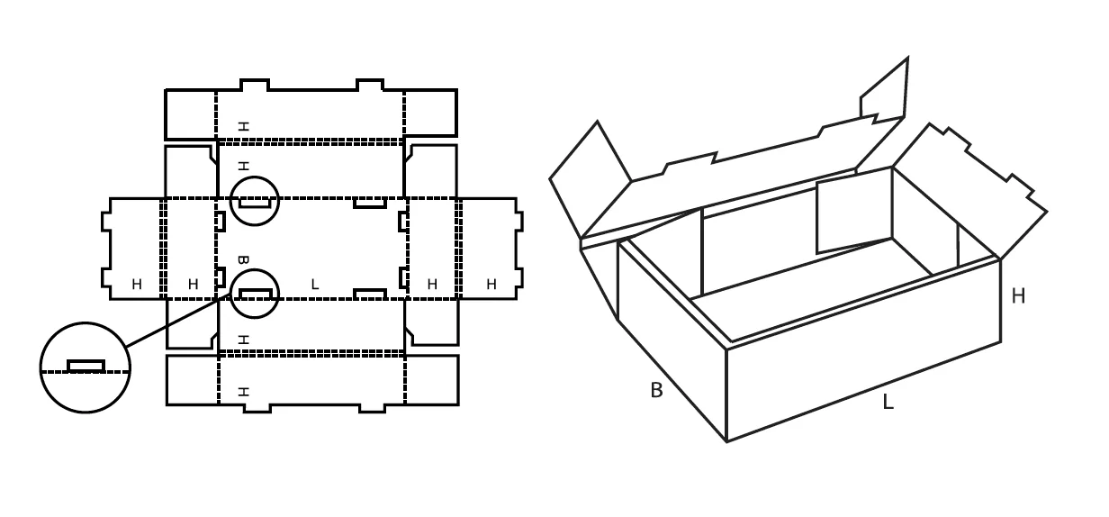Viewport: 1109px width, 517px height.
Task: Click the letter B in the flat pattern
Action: click(x=243, y=259)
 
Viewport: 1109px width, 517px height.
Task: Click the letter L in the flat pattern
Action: click(x=315, y=285)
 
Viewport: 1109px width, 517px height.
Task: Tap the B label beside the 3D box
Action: click(x=656, y=390)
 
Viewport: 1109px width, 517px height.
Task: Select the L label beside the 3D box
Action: click(x=888, y=402)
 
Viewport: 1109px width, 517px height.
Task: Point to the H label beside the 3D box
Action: click(x=1018, y=296)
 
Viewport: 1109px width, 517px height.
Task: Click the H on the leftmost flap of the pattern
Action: click(x=137, y=285)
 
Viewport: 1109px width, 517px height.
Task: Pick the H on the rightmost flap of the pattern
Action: click(x=491, y=285)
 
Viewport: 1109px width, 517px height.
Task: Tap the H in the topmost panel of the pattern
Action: click(x=243, y=126)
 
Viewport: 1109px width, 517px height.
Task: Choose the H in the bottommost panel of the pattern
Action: click(x=243, y=392)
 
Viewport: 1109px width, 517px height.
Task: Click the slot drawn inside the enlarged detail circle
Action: click(x=86, y=366)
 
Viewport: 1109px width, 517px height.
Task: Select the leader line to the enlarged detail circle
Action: click(x=178, y=320)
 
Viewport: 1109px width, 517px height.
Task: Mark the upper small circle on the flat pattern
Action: click(x=255, y=177)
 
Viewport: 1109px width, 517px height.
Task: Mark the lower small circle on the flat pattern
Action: click(x=255, y=270)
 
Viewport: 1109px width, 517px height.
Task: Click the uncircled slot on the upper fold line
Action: click(x=370, y=203)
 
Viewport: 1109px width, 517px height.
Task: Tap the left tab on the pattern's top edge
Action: click(x=255, y=85)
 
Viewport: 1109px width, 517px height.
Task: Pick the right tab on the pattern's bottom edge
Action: click(x=372, y=409)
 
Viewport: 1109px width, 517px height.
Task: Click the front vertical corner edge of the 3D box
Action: click(x=726, y=395)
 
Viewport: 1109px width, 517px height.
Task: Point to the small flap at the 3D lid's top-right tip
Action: click(x=885, y=89)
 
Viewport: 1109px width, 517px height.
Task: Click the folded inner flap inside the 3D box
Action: click(x=854, y=211)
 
